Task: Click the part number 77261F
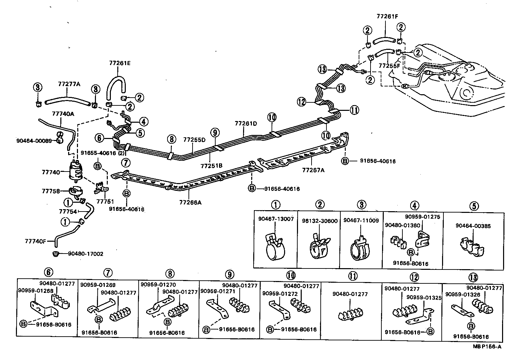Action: [387, 16]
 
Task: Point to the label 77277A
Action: [69, 84]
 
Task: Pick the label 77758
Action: [51, 191]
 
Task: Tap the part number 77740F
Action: [35, 241]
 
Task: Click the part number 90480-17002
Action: [85, 254]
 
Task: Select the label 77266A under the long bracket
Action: [190, 203]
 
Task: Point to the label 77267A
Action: [313, 170]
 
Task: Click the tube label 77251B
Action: [211, 166]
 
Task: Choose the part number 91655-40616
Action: [98, 153]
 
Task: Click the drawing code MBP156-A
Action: [487, 346]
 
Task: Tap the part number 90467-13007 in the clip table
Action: [275, 220]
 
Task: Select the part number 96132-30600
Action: [320, 221]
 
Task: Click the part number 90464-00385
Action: [473, 226]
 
